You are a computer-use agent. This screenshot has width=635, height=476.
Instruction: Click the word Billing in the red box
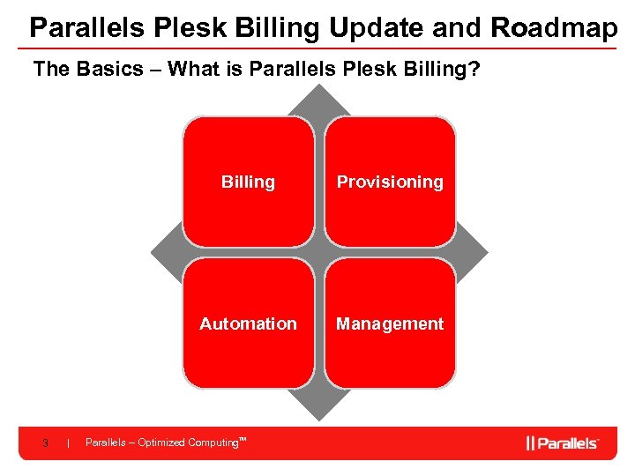click(248, 182)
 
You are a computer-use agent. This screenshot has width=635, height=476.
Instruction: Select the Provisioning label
click(389, 182)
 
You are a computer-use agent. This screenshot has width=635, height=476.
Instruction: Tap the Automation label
click(248, 324)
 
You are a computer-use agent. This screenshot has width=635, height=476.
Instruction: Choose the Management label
click(389, 324)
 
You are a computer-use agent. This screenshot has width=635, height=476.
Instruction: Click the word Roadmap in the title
click(554, 27)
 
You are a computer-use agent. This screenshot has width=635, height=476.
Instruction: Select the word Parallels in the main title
click(85, 27)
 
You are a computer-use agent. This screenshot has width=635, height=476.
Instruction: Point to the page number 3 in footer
click(45, 443)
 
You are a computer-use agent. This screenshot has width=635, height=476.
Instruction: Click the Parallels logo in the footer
click(563, 443)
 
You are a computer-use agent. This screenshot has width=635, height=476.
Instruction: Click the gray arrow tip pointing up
click(318, 99)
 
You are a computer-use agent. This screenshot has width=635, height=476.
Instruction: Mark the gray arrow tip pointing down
click(318, 411)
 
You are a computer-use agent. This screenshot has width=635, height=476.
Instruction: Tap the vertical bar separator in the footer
click(68, 443)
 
